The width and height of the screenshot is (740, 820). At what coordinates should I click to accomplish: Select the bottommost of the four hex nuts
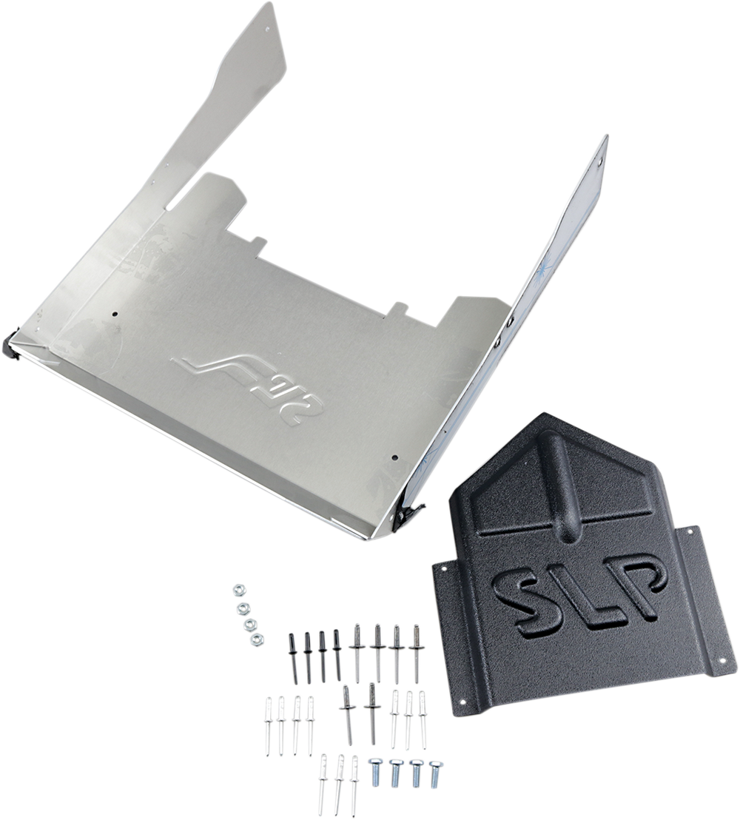pos(256,639)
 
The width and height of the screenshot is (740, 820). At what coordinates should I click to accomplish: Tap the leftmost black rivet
pos(293,658)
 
